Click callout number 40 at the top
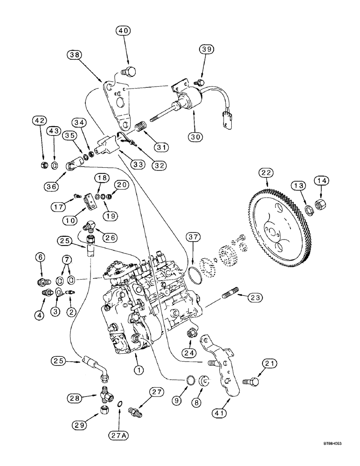tap(124, 31)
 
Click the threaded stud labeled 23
tap(232, 295)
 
